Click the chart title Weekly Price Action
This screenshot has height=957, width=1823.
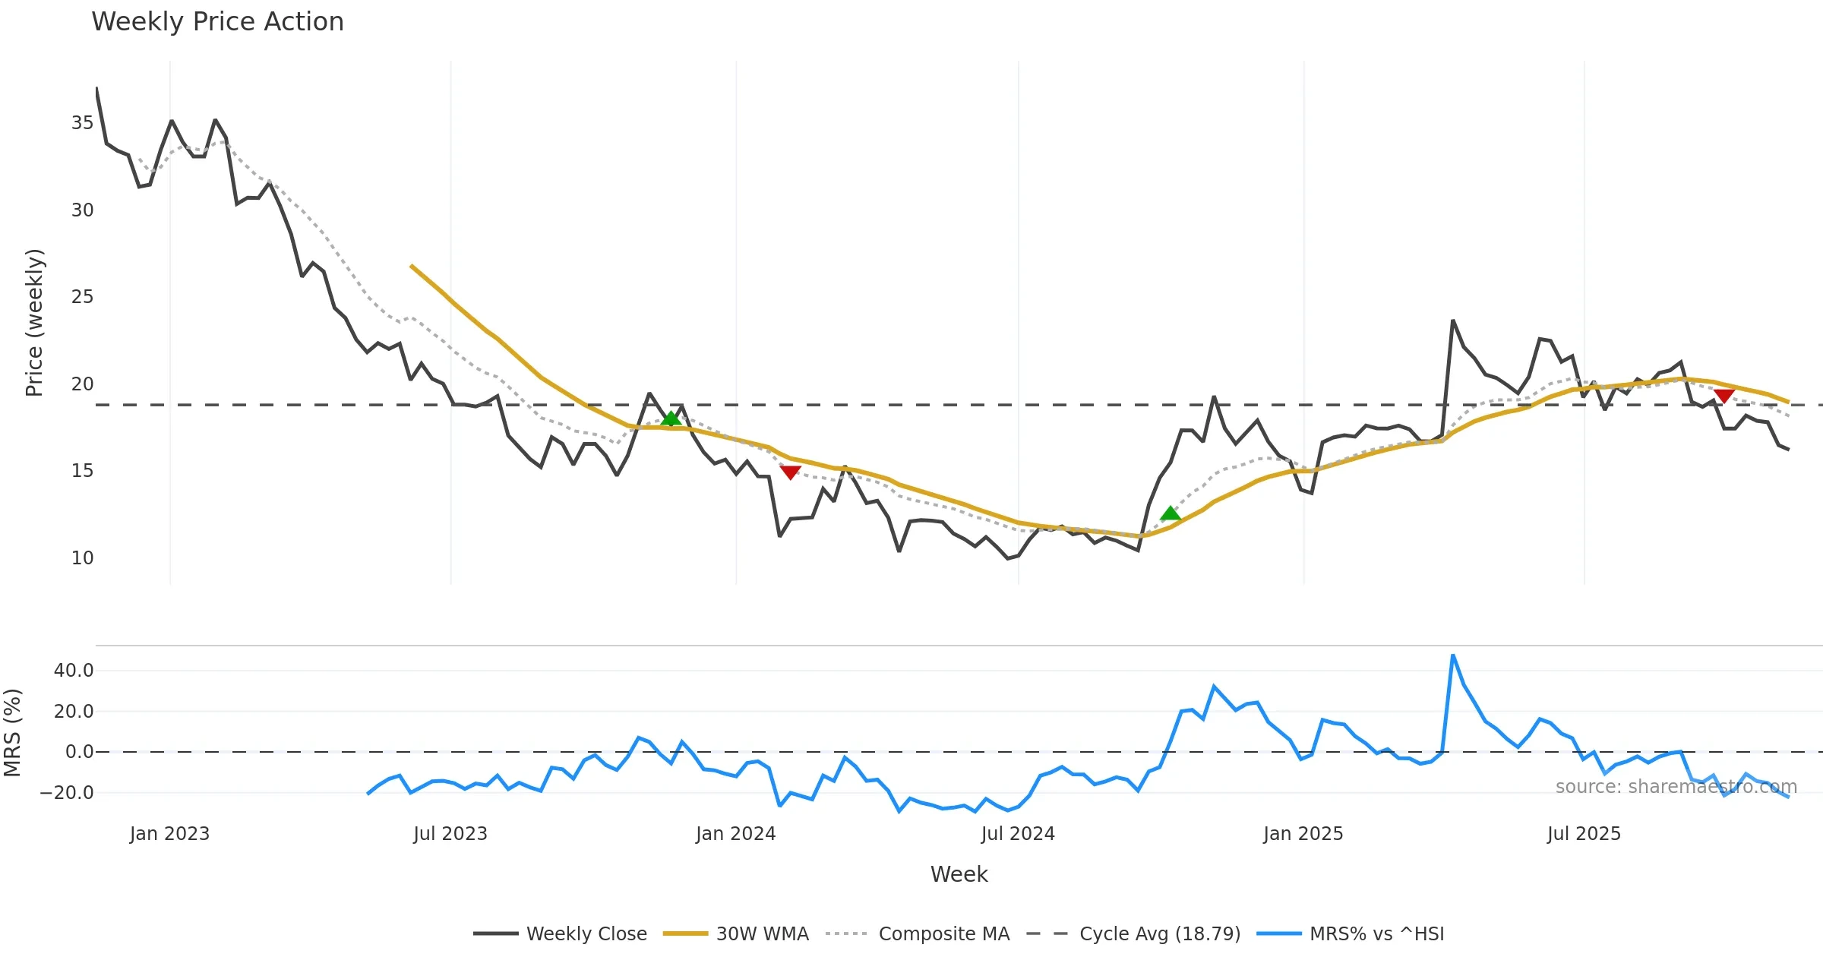(x=217, y=22)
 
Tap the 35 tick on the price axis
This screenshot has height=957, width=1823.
(x=82, y=123)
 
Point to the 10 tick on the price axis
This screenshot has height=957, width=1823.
(x=82, y=558)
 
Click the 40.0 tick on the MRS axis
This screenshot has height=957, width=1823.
(x=74, y=671)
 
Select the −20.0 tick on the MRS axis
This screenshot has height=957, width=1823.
(x=67, y=793)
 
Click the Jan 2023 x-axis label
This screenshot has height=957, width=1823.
(x=169, y=834)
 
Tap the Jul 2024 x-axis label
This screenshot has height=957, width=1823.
(x=1018, y=834)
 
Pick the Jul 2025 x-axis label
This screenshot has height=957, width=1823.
(x=1584, y=834)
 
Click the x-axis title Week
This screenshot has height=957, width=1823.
(x=959, y=875)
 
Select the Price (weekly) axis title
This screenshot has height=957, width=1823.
(x=35, y=323)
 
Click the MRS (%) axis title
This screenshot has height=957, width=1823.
(x=13, y=733)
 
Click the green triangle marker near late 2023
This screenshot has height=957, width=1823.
(x=671, y=418)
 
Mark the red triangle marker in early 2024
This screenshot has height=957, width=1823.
(x=790, y=472)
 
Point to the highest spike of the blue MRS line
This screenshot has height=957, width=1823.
(x=1452, y=655)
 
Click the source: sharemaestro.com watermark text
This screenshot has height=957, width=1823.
(x=1676, y=787)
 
